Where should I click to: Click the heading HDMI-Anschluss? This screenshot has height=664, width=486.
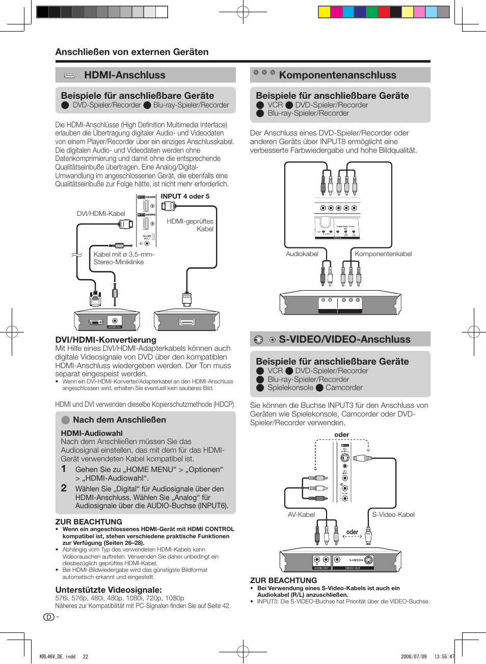[x=125, y=75]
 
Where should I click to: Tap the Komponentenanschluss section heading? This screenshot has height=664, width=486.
[x=337, y=75]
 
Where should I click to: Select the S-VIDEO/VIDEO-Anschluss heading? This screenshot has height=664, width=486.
[x=344, y=340]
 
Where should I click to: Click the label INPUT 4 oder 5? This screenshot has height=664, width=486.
[x=185, y=197]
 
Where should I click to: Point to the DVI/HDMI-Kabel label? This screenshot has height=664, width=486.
[x=101, y=214]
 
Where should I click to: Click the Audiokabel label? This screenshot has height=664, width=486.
[x=302, y=254]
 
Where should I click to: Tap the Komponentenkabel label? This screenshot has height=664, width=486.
[x=383, y=254]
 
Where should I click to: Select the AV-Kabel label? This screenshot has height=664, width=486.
[x=301, y=515]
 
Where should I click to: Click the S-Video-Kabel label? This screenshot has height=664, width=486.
[x=393, y=515]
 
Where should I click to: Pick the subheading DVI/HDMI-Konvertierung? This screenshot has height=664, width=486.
[x=105, y=340]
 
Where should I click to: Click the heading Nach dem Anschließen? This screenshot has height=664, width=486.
[x=119, y=420]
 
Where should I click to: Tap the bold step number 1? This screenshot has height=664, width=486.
[x=64, y=469]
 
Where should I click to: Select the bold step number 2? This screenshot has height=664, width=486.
[x=64, y=488]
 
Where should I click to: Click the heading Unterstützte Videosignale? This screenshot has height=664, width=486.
[x=109, y=590]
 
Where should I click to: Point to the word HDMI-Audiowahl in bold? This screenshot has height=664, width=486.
[x=92, y=433]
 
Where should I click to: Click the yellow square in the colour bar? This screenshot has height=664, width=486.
[x=324, y=12]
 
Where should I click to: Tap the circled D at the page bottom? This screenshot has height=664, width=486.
[x=49, y=617]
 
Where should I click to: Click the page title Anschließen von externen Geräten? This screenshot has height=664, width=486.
[x=132, y=52]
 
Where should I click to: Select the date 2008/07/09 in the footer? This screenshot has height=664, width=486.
[x=414, y=656]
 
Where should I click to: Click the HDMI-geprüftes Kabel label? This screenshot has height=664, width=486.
[x=190, y=225]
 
